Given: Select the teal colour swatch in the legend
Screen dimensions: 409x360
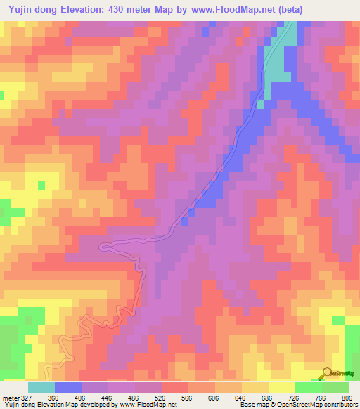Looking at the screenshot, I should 41,387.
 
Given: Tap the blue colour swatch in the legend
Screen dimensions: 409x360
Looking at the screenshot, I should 67,387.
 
